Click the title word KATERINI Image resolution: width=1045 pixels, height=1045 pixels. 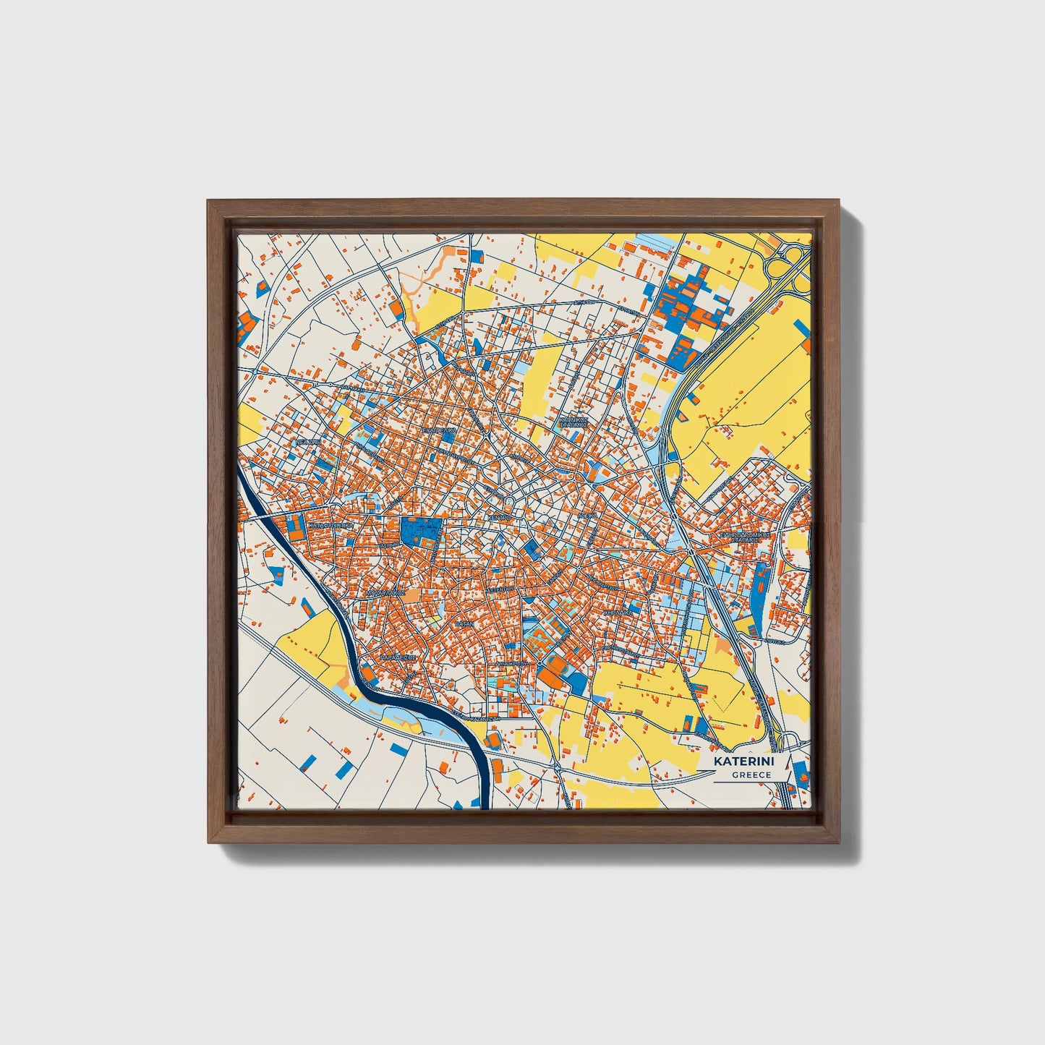[x=743, y=762]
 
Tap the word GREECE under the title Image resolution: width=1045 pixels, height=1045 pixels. [x=751, y=775]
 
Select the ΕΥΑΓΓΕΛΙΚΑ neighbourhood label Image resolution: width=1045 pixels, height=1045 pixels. [x=440, y=430]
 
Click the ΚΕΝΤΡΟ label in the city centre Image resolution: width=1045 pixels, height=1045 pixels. [x=499, y=519]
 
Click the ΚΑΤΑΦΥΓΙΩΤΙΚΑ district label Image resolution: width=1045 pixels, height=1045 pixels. [x=330, y=526]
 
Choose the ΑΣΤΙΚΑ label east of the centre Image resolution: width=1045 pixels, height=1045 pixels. [x=587, y=516]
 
